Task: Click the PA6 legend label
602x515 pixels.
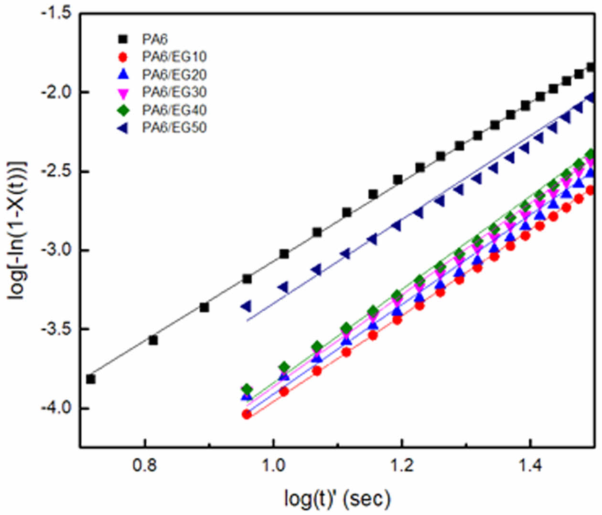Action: point(154,39)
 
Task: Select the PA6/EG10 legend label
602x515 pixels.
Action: point(174,57)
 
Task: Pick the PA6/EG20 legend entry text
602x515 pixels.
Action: point(174,74)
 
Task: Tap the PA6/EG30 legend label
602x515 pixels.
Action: point(174,92)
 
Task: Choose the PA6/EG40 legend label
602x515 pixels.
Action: point(174,110)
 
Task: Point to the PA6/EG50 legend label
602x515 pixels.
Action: point(174,127)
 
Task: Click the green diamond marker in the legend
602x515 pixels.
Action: point(123,110)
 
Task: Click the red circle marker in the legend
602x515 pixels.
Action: point(123,57)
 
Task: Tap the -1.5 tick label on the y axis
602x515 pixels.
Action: point(56,13)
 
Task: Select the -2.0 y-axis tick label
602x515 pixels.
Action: point(56,92)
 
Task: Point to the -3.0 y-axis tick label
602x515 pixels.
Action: point(56,250)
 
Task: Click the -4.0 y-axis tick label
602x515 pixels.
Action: point(56,409)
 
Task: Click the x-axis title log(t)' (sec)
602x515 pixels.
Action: point(337,498)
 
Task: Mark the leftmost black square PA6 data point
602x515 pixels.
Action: point(90,379)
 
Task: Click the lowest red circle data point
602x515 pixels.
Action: point(247,414)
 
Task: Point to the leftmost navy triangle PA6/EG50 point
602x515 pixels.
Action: point(246,306)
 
